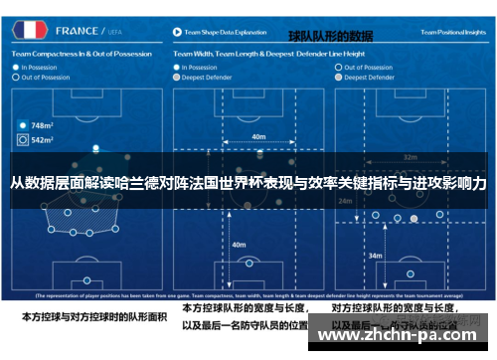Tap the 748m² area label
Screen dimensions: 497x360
point(41,126)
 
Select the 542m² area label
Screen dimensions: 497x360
point(41,141)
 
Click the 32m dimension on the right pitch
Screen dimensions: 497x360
point(410,156)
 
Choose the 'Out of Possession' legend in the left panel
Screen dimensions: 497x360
point(46,77)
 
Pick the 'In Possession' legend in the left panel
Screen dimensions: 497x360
point(41,67)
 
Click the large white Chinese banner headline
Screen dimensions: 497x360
point(248,184)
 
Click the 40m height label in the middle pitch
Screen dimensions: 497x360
point(239,244)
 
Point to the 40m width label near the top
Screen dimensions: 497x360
point(258,136)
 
